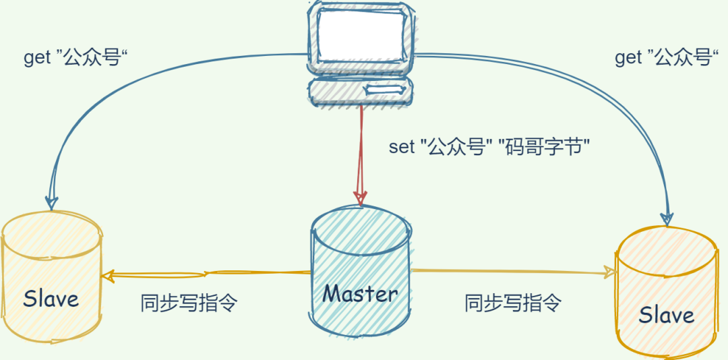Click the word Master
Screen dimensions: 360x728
[361, 293]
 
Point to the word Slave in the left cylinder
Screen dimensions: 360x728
[51, 299]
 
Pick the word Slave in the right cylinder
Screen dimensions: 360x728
[667, 315]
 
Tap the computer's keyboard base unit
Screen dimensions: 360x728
[360, 91]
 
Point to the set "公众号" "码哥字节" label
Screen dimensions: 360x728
[490, 147]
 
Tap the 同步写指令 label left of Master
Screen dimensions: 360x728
[189, 303]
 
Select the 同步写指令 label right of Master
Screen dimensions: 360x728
[513, 303]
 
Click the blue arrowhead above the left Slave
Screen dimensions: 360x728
[51, 203]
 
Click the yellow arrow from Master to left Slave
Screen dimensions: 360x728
[206, 274]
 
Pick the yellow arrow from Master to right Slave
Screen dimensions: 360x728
[512, 272]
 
